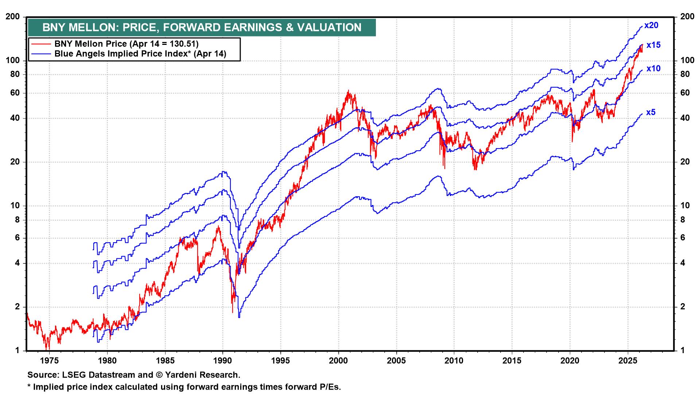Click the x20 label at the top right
coord(651,26)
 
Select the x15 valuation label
coord(653,45)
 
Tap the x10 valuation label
coord(653,69)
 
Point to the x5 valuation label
coord(651,112)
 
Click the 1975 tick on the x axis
coord(49,361)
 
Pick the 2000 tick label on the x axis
coord(338,361)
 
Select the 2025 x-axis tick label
coord(628,361)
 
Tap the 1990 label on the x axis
coord(223,361)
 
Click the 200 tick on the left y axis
coord(13,17)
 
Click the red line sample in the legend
coord(41,44)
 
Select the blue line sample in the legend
coord(41,54)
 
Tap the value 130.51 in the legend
coord(184,44)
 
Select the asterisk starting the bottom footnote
coord(29,386)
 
